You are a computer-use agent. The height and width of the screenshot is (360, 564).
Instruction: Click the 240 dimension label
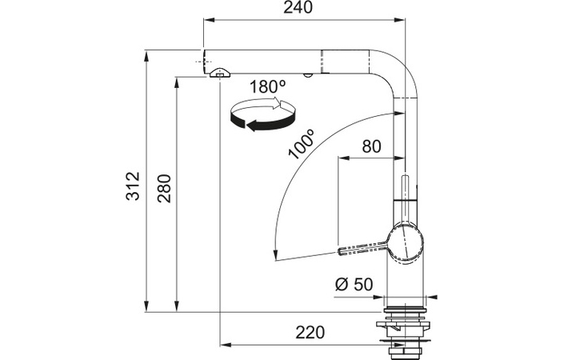click(x=298, y=7)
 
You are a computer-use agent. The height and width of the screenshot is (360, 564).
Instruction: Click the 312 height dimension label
click(x=133, y=186)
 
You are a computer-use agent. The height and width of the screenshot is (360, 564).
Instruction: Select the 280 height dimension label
click(x=165, y=188)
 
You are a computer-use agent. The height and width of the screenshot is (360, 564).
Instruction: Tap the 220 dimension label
click(x=310, y=332)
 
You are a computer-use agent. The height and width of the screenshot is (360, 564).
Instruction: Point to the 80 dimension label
click(x=371, y=146)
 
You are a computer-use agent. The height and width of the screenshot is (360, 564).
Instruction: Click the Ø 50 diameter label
click(x=354, y=285)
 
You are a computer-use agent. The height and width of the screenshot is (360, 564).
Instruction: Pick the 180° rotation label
click(x=268, y=87)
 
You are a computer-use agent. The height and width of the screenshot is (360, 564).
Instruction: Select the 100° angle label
click(x=302, y=144)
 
